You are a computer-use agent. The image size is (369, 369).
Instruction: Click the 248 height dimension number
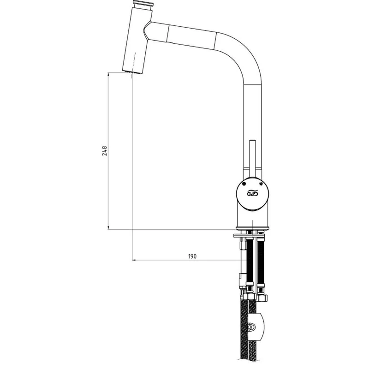click(105, 151)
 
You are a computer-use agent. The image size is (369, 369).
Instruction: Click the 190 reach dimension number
click(192, 256)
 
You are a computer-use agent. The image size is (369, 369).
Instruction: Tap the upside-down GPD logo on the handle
click(252, 193)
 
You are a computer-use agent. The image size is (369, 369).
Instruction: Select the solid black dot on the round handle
click(244, 184)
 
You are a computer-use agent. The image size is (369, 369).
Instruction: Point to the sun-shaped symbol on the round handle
click(261, 184)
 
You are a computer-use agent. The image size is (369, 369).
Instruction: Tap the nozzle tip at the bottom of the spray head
click(132, 71)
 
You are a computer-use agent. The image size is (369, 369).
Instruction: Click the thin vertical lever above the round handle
click(252, 158)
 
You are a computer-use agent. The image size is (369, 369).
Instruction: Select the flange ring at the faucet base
click(252, 228)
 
